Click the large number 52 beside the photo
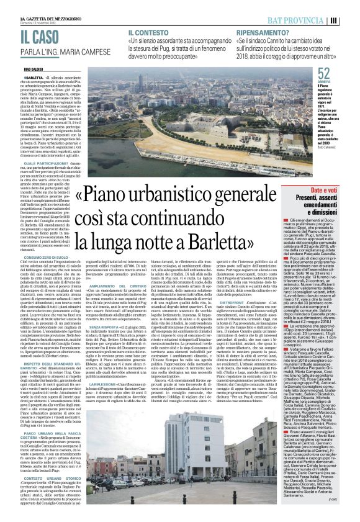(x=323, y=73)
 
